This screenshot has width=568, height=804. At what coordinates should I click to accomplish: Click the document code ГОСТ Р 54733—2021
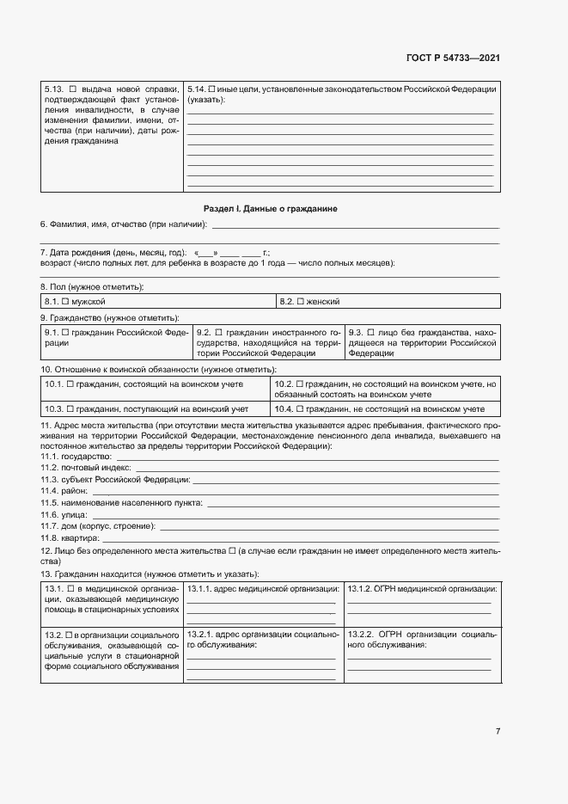click(453, 58)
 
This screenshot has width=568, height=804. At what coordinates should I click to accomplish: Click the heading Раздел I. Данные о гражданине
click(271, 209)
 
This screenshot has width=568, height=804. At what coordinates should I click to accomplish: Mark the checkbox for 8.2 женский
click(301, 302)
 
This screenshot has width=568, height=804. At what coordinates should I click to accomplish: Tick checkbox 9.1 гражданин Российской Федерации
click(65, 332)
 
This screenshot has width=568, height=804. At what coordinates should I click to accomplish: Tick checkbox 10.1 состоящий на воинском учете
click(70, 384)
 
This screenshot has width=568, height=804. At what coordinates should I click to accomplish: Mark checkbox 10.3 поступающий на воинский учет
click(70, 409)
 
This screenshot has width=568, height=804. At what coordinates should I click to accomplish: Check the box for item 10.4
click(299, 409)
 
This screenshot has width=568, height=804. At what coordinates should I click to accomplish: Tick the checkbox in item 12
click(231, 549)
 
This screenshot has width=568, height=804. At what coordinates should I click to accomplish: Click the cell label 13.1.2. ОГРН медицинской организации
click(422, 588)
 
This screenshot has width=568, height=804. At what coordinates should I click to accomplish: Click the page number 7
click(498, 732)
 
